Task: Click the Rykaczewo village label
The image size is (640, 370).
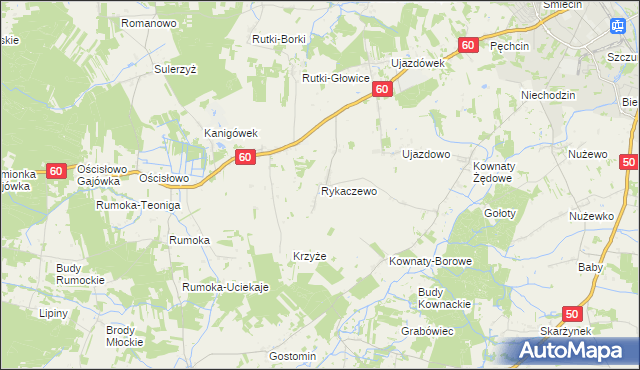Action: pos(349,190)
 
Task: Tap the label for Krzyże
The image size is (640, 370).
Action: pos(309,256)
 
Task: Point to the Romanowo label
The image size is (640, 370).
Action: pos(148,21)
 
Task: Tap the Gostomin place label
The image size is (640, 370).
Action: pos(293,356)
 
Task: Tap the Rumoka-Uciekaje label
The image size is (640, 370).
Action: pos(226,288)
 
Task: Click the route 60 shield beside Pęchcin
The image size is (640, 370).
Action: pos(469,46)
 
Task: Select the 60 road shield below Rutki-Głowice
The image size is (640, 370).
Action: pos(381,90)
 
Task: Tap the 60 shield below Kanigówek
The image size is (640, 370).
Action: pos(246,157)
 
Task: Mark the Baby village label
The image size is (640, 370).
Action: pos(590,267)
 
